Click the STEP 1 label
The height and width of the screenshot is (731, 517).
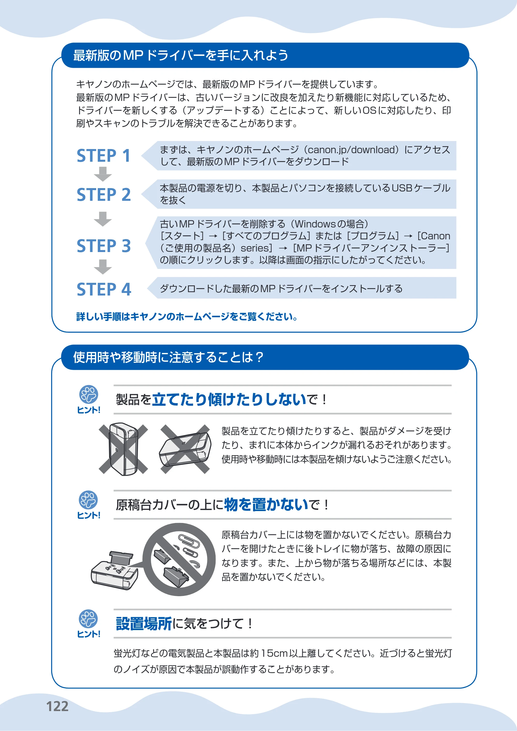[103, 156]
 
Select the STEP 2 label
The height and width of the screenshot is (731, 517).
[104, 195]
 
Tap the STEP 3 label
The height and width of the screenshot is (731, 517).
[104, 246]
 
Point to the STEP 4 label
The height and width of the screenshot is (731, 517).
[104, 289]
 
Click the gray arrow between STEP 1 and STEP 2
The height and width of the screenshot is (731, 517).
[103, 174]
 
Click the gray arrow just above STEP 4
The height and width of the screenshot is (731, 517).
[103, 267]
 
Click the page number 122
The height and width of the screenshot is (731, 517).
[57, 706]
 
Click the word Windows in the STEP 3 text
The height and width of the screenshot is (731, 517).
[315, 224]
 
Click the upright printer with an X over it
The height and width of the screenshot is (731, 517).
[124, 449]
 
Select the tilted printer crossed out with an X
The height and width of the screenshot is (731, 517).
[185, 449]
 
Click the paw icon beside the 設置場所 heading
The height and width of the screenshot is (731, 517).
[88, 619]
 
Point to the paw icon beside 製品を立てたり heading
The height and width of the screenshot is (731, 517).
[88, 395]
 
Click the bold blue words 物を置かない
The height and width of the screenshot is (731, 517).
[266, 504]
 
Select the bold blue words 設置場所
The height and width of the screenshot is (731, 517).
[144, 624]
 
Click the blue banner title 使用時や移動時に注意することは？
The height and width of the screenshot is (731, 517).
[168, 357]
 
